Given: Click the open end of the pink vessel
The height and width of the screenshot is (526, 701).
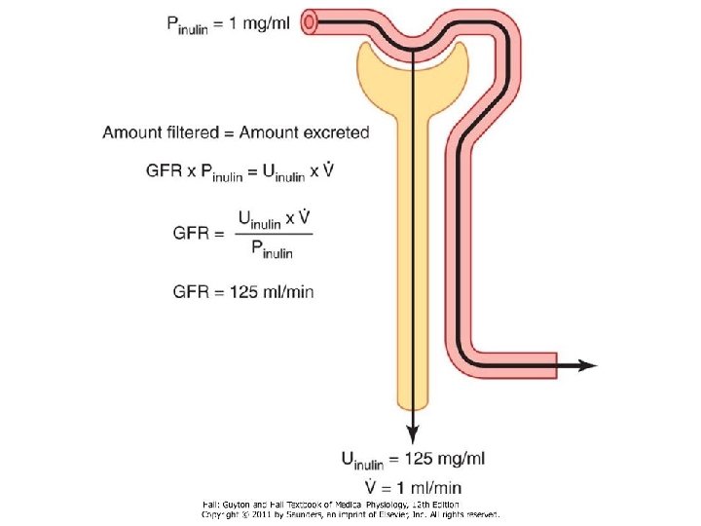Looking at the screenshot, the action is click(x=313, y=21).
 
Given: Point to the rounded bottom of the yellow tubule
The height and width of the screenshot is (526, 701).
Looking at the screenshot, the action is click(x=413, y=401).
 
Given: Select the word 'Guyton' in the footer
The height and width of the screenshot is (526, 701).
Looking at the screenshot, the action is click(x=240, y=504).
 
